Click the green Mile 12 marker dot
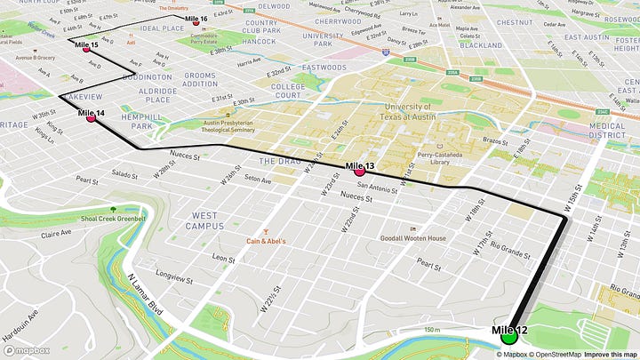(x=509, y=337)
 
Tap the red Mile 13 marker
(x=359, y=172)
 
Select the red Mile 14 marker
(x=91, y=118)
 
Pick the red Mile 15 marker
(x=87, y=49)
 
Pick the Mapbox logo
(x=26, y=350)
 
